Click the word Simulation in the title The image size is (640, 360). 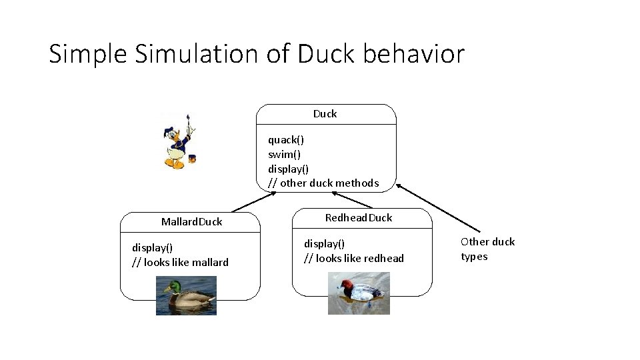tap(196, 54)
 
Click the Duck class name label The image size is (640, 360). tap(325, 114)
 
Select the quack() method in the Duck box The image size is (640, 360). tap(286, 140)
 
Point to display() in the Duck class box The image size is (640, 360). tap(289, 169)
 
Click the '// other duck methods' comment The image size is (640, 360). tap(323, 183)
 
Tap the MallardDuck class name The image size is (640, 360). tap(191, 221)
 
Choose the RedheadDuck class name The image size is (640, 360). tap(359, 217)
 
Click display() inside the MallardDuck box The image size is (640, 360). tap(153, 248)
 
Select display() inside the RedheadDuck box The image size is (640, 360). tap(325, 244)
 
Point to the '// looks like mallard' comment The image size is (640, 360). tap(180, 263)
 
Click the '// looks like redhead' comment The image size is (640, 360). tap(354, 259)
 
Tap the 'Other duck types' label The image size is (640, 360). tap(487, 249)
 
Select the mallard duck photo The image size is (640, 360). tap(186, 295)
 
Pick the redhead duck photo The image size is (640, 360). tap(359, 293)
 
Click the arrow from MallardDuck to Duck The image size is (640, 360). tap(253, 202)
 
